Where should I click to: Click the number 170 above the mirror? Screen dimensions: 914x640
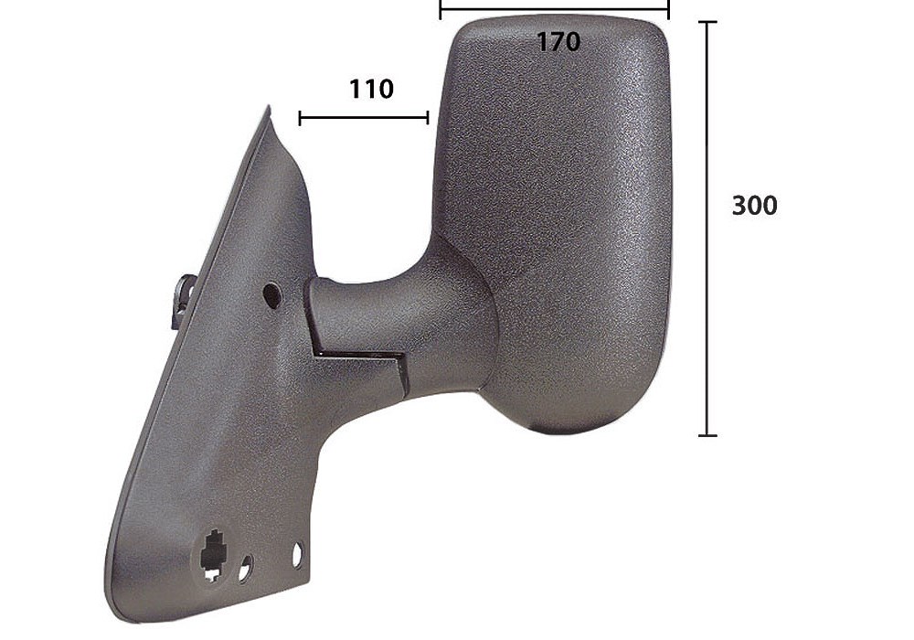tap(558, 42)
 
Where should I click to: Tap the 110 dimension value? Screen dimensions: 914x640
tap(371, 90)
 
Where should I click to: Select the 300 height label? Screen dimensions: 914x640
tap(754, 206)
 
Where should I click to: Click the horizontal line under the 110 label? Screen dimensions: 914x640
tap(364, 118)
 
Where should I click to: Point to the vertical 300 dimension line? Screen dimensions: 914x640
tap(707, 229)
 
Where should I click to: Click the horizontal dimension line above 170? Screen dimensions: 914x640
tap(555, 9)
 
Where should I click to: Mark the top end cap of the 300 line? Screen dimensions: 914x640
tap(707, 22)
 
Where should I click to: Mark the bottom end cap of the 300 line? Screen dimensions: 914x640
tap(707, 435)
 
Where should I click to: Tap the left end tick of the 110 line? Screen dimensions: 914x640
tap(300, 118)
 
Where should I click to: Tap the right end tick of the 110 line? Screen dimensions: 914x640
tap(428, 118)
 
